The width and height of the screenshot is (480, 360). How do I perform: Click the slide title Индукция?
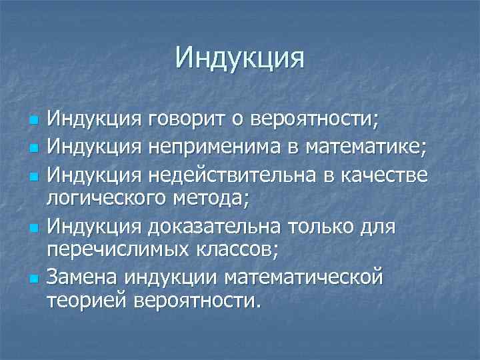click(240, 57)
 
